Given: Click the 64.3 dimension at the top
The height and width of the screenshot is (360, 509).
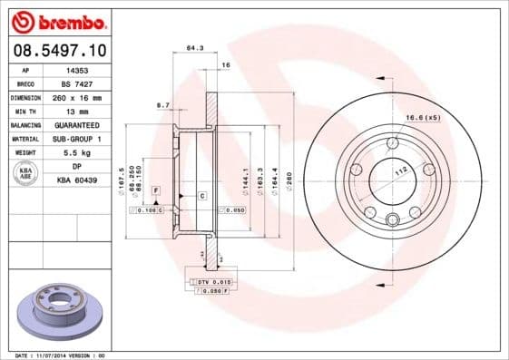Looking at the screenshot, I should click(192, 47).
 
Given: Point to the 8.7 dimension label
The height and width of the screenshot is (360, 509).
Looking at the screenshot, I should click(163, 105).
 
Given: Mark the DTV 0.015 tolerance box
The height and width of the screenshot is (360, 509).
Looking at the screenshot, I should click(215, 282).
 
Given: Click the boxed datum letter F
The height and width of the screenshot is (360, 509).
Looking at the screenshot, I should click(157, 190).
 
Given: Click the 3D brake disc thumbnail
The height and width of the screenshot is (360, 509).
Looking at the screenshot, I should click(54, 311).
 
